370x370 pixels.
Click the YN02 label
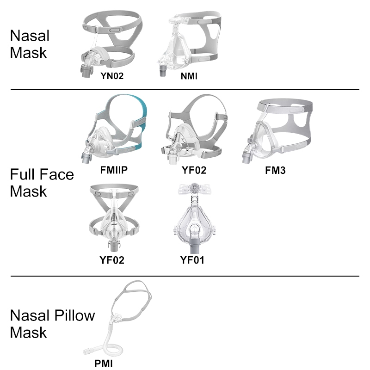[112, 76]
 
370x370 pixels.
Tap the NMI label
[189, 76]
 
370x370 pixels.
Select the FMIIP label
[114, 170]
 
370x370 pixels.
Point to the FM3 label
[275, 170]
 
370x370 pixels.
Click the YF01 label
[192, 260]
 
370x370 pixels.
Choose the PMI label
[103, 364]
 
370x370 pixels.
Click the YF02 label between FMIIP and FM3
[194, 170]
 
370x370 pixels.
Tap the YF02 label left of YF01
[112, 260]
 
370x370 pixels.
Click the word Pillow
[74, 315]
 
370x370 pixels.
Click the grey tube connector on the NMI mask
[163, 71]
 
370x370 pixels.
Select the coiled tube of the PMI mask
[111, 345]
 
